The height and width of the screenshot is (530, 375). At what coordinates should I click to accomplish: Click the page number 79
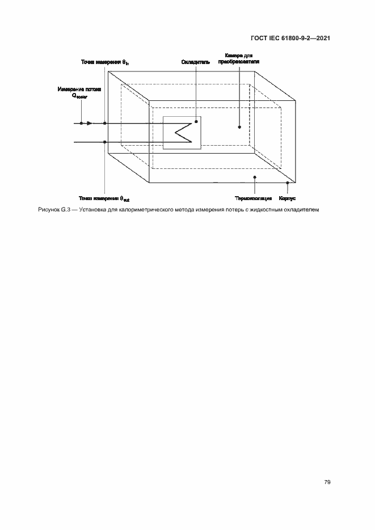327,482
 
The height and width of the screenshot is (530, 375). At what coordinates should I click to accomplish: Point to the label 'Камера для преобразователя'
234,58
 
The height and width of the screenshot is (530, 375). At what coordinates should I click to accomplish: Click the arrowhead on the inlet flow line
89,123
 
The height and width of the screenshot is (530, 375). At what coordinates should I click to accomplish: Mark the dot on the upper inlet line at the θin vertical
105,123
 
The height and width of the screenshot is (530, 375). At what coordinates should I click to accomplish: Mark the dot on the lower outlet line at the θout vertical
105,142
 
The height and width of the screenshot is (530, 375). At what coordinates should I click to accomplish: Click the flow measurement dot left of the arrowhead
82,123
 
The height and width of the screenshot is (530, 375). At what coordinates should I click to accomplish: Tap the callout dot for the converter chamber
239,128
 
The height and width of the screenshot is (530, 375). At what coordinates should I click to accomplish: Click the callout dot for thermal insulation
255,177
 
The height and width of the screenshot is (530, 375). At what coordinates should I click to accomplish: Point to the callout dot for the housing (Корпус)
288,183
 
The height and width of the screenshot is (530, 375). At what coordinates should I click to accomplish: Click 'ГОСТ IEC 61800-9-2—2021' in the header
290,38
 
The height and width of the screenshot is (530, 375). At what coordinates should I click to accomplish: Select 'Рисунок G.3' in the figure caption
53,210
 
